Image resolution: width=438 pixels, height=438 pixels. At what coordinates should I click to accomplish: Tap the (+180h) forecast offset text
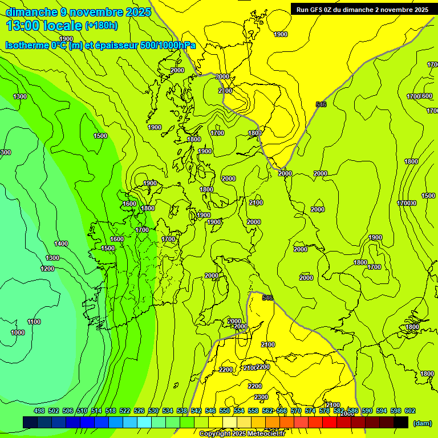click(x=102, y=25)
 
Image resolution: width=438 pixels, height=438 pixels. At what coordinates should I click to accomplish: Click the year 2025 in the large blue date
click(x=138, y=12)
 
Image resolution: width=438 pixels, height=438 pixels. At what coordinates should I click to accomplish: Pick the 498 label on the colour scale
click(x=39, y=411)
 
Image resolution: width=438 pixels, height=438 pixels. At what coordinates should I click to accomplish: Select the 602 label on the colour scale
click(x=409, y=411)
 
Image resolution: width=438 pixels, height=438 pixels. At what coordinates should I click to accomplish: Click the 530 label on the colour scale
click(x=153, y=411)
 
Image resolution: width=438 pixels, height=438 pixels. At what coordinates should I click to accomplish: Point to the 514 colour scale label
click(x=96, y=411)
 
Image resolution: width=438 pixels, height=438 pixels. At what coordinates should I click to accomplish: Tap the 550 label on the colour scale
click(x=225, y=411)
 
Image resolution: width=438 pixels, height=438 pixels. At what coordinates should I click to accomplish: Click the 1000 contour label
click(x=18, y=332)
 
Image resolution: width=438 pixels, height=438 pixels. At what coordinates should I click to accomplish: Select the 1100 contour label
click(x=34, y=322)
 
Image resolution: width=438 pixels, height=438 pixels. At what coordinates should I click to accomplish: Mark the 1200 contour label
click(x=47, y=269)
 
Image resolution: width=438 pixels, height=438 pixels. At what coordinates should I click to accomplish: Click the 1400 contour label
click(x=61, y=244)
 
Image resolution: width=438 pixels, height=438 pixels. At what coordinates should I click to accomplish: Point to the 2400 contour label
click(x=267, y=344)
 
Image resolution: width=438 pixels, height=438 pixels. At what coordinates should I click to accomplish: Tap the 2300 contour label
click(x=261, y=397)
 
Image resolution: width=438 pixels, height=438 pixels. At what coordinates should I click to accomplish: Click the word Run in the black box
click(x=303, y=9)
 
